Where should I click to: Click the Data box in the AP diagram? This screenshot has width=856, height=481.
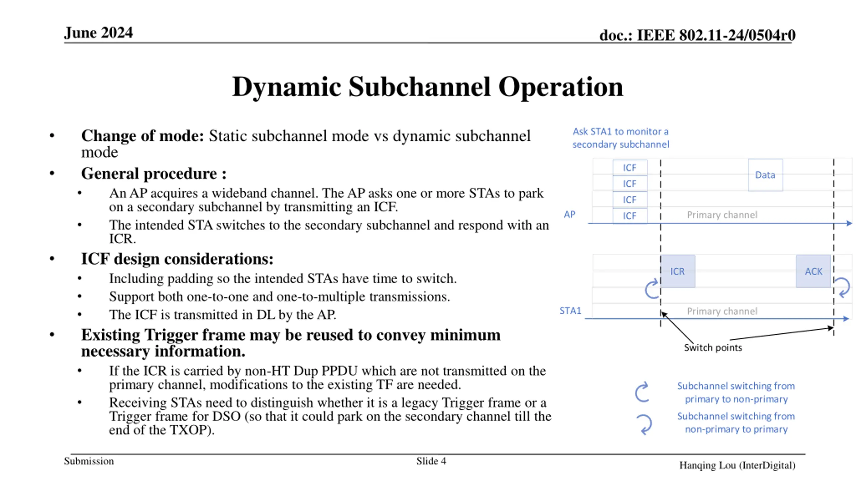pyautogui.click(x=765, y=175)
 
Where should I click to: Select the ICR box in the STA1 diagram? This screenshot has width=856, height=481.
pyautogui.click(x=677, y=271)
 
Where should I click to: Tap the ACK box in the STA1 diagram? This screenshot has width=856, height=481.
pyautogui.click(x=813, y=271)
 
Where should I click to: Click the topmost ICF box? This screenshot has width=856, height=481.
pyautogui.click(x=630, y=168)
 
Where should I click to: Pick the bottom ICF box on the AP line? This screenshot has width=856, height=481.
pyautogui.click(x=630, y=216)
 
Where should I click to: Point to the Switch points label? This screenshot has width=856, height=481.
pyautogui.click(x=713, y=348)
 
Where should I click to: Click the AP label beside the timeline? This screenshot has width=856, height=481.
pyautogui.click(x=569, y=214)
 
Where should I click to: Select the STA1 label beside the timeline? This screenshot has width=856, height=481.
pyautogui.click(x=570, y=311)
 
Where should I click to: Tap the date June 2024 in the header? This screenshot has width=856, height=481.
pyautogui.click(x=98, y=33)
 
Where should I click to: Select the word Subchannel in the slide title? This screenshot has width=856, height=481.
pyautogui.click(x=420, y=87)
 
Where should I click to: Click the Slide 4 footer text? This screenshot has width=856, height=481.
pyautogui.click(x=431, y=461)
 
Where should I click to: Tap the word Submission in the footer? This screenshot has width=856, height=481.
pyautogui.click(x=89, y=461)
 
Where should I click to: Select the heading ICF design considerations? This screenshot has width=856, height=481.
pyautogui.click(x=177, y=259)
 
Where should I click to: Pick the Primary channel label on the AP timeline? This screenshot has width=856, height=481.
pyautogui.click(x=722, y=215)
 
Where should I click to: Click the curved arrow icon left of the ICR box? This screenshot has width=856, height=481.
pyautogui.click(x=651, y=289)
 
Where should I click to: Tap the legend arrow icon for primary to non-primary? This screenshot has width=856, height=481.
pyautogui.click(x=642, y=392)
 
